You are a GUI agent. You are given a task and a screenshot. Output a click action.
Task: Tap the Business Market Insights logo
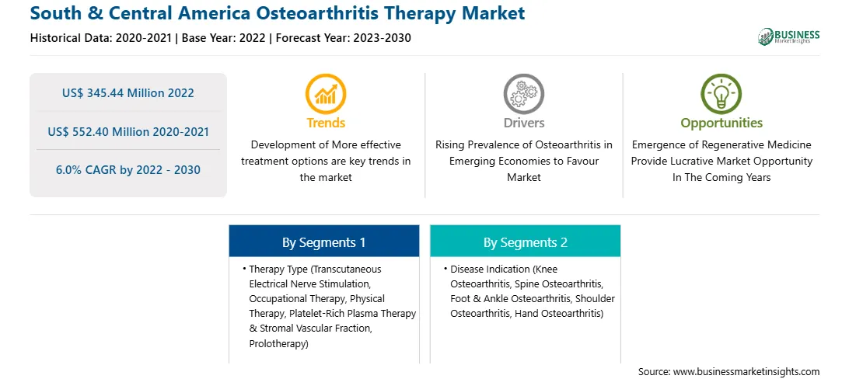[x=789, y=37]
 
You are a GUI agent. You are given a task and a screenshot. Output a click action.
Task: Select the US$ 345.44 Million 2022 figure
[x=128, y=93]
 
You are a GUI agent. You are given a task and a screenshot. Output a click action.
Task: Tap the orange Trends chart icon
[x=326, y=94]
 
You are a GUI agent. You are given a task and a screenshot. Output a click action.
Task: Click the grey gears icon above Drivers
[x=523, y=94]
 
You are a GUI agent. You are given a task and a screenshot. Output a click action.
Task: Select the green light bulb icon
[x=721, y=94]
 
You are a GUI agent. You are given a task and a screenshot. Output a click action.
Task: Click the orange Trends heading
[x=326, y=123]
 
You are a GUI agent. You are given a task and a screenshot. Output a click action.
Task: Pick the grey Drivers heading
[x=524, y=123]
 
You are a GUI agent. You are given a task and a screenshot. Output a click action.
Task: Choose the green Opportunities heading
[x=721, y=123]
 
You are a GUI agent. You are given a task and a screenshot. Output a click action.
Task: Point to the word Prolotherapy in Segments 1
[x=278, y=343]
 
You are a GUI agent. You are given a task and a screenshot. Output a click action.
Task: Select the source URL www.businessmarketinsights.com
[x=746, y=372]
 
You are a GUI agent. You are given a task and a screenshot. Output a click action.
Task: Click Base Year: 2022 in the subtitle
[x=224, y=38]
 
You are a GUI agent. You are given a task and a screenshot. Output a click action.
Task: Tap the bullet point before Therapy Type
[x=243, y=269]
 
